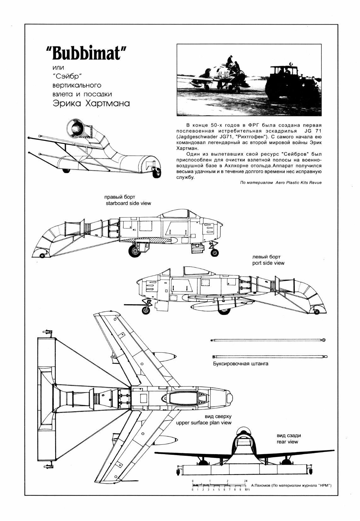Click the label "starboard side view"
[x=128, y=203]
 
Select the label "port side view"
[x=268, y=263]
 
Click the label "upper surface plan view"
[x=204, y=423]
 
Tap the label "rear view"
[x=287, y=442]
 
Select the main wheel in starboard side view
[x=135, y=251]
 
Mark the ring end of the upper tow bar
[x=323, y=340]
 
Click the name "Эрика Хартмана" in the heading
[x=91, y=104]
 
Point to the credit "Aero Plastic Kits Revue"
[x=298, y=182]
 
